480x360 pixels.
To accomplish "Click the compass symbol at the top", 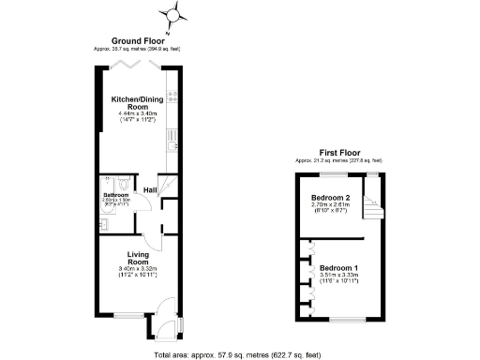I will point(172,14).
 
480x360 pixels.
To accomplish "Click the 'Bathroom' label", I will point(115,194).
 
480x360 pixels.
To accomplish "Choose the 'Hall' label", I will point(150,190).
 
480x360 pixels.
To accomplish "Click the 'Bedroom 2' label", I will point(330,198).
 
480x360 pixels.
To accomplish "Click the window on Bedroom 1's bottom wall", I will point(342,320).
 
